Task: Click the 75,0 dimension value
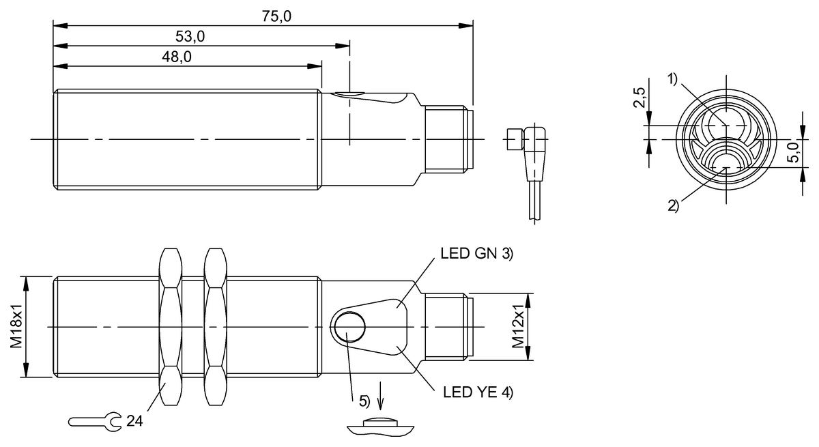[x=276, y=16]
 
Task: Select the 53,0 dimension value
[x=190, y=37]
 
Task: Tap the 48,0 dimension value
[x=177, y=57]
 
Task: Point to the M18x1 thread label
[x=16, y=326]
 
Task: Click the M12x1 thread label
[x=518, y=326]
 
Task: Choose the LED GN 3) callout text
[x=477, y=254]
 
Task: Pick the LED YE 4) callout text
[x=478, y=392]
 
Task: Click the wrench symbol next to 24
[x=95, y=422]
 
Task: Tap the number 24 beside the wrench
[x=134, y=421]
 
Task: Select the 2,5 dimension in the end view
[x=640, y=98]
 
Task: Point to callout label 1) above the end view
[x=673, y=79]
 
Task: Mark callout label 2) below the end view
[x=673, y=206]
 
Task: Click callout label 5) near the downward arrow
[x=364, y=401]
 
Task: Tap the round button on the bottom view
[x=349, y=326]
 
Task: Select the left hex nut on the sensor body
[x=171, y=327]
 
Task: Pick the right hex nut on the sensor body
[x=216, y=327]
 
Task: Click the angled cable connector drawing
[x=527, y=173]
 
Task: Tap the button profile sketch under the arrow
[x=380, y=427]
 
